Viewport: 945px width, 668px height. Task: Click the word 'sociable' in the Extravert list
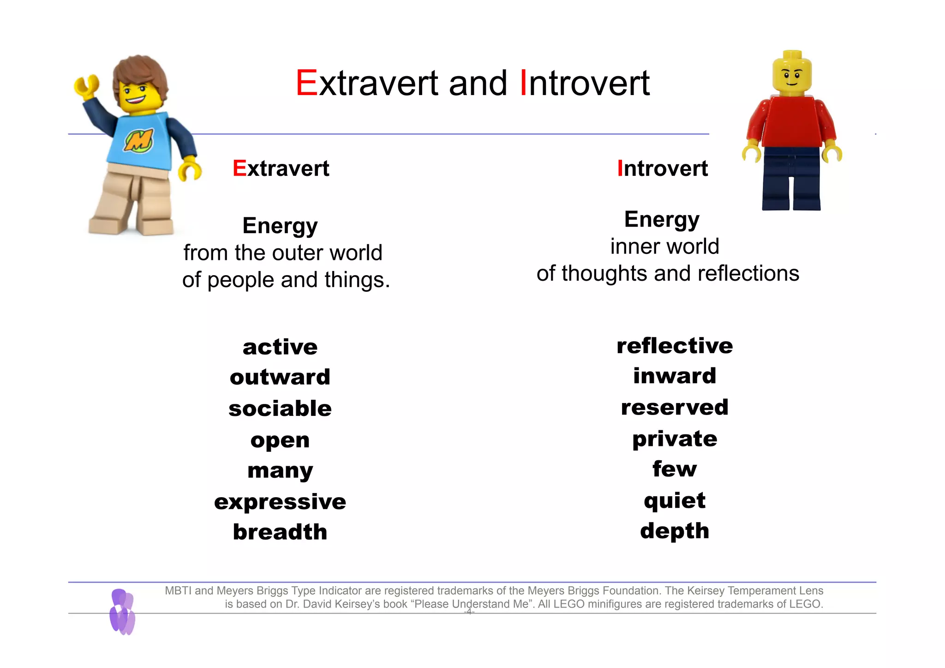tap(280, 409)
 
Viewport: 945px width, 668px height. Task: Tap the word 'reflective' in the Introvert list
tap(674, 346)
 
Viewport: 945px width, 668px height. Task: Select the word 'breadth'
tap(280, 532)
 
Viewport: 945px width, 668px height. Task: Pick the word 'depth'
tap(674, 531)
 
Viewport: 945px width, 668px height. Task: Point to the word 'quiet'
tap(674, 501)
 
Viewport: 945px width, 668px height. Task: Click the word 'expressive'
tap(280, 502)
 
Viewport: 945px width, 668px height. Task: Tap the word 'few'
tap(674, 469)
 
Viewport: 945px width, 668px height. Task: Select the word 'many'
tap(280, 471)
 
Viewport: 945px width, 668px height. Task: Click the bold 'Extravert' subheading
tap(281, 169)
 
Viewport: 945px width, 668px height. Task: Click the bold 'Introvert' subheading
tap(662, 169)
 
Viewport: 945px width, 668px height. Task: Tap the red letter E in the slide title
tap(306, 84)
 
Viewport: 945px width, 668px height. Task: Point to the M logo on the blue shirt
tap(138, 140)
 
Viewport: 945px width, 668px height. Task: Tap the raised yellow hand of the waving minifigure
tap(86, 86)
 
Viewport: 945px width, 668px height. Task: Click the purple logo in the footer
tap(122, 612)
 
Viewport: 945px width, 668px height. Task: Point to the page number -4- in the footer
tap(469, 612)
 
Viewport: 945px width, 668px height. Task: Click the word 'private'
tap(674, 439)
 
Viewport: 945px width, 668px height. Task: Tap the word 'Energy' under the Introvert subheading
tap(662, 219)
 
